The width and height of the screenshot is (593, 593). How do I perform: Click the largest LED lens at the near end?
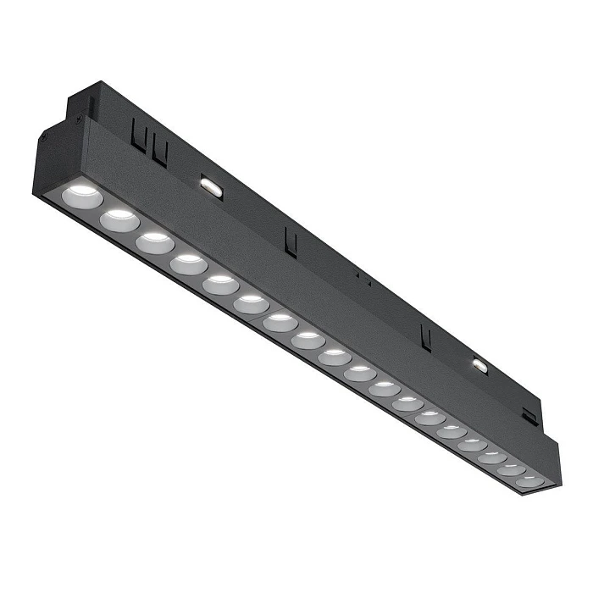click(x=82, y=197)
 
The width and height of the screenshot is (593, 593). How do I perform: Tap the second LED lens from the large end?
click(x=119, y=220)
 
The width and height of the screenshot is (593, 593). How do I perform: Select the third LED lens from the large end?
click(x=154, y=243)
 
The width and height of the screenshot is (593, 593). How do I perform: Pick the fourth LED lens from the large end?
click(x=188, y=264)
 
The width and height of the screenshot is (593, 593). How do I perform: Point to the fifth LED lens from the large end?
click(x=220, y=285)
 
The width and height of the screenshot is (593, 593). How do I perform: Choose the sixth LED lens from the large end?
click(x=252, y=304)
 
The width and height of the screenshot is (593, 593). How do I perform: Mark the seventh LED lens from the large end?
click(x=280, y=323)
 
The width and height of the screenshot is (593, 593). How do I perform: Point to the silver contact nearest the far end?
click(x=480, y=366)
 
